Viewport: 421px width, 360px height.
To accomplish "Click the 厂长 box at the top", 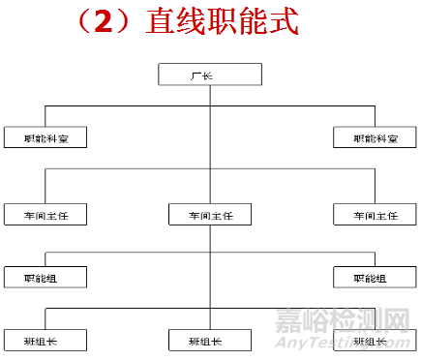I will (x=209, y=74).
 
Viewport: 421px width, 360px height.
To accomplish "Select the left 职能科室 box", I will (x=45, y=137).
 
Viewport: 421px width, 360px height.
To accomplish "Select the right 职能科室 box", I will (x=373, y=137).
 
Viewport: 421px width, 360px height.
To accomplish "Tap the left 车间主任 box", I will (x=45, y=214).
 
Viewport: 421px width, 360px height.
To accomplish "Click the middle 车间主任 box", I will (x=209, y=214).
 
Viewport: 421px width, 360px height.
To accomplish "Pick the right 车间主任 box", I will (x=373, y=214).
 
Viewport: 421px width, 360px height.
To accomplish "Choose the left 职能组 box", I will (x=45, y=277).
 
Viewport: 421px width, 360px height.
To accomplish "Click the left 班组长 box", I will (x=45, y=340).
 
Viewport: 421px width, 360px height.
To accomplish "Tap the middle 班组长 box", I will (x=209, y=340).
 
